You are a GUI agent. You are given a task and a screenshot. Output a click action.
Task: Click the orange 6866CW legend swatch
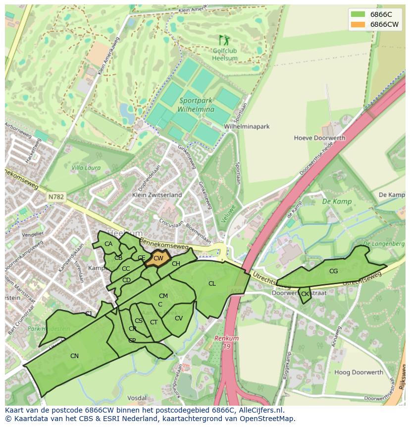click(x=358, y=24)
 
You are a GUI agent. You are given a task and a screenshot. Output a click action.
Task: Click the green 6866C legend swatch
click(x=358, y=14)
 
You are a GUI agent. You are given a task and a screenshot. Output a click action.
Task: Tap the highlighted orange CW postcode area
click(x=158, y=258)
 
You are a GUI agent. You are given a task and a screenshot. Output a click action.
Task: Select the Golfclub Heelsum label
click(x=225, y=55)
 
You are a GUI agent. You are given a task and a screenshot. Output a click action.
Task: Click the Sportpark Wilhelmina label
click(x=197, y=105)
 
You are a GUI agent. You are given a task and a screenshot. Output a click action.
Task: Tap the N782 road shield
click(x=56, y=197)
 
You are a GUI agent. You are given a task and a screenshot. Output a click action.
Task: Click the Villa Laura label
click(x=86, y=168)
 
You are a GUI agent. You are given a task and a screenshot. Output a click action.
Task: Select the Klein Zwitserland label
click(x=157, y=195)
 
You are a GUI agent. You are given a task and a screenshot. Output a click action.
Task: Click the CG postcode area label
click(x=333, y=271)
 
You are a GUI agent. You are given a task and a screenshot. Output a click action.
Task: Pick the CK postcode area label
click(x=305, y=294)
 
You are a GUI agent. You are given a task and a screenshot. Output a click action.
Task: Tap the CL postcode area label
click(x=212, y=284)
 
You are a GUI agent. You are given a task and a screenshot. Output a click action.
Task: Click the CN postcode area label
click(x=74, y=356)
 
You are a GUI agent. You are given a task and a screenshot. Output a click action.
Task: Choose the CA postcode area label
click(x=108, y=244)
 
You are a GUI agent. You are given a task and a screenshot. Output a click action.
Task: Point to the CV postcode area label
click(x=179, y=318)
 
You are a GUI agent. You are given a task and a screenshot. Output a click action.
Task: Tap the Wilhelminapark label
click(x=247, y=126)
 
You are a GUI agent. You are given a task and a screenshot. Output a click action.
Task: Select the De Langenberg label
click(x=384, y=244)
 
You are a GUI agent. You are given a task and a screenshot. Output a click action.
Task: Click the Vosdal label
click(x=137, y=398)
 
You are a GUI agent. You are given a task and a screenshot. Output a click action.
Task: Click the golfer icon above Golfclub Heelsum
click(x=224, y=40)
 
